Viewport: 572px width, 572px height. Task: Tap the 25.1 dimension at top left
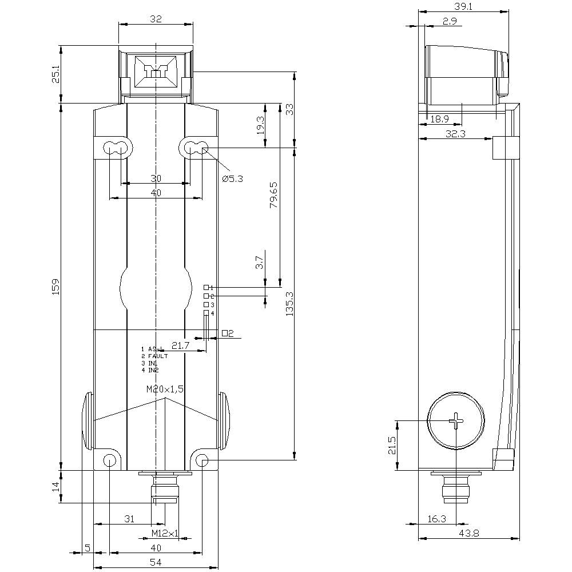(x=55, y=74)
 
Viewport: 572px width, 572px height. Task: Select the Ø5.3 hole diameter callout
(x=232, y=178)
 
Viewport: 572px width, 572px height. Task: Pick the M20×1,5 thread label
(x=165, y=389)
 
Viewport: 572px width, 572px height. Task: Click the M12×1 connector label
(x=165, y=533)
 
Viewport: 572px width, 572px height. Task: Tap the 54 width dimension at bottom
(x=156, y=562)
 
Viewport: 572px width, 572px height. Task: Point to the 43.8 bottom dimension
(x=468, y=533)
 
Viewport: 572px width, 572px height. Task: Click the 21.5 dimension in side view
(x=391, y=446)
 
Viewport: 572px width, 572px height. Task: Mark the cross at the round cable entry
(x=457, y=422)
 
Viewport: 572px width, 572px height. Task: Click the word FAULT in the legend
(x=158, y=356)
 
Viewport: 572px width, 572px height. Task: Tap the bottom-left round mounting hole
(x=109, y=460)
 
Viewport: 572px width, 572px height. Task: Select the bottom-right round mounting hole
(x=202, y=460)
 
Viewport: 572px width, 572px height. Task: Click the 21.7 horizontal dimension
(x=180, y=345)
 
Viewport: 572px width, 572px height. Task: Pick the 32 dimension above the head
(x=156, y=19)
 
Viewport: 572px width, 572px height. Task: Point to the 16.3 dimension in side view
(x=436, y=519)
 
